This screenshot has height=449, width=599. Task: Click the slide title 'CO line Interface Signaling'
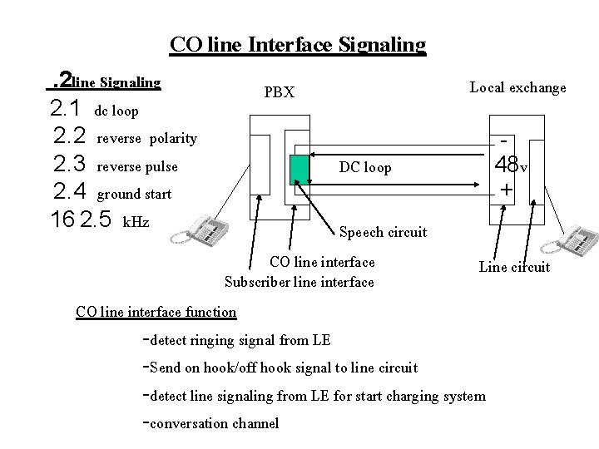pos(298,44)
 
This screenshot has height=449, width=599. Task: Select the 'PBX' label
pos(279,92)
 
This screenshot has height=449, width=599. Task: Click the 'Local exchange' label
pos(517,87)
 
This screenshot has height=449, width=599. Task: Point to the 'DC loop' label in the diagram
pos(365,168)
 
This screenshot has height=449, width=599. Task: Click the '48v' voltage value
pos(510,165)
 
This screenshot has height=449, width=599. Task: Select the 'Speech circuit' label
pos(383,232)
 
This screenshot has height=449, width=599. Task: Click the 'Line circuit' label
pos(514,267)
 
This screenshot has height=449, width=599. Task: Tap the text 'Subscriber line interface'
pos(299,282)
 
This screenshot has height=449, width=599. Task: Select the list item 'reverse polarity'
pos(146,138)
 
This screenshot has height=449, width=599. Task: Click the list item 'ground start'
pos(134,195)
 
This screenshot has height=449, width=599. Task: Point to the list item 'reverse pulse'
pos(137,166)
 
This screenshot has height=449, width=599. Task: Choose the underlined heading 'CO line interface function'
pos(156,312)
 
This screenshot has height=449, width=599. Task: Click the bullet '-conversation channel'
pos(211,423)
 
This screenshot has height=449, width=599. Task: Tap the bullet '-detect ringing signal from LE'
pos(237,339)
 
